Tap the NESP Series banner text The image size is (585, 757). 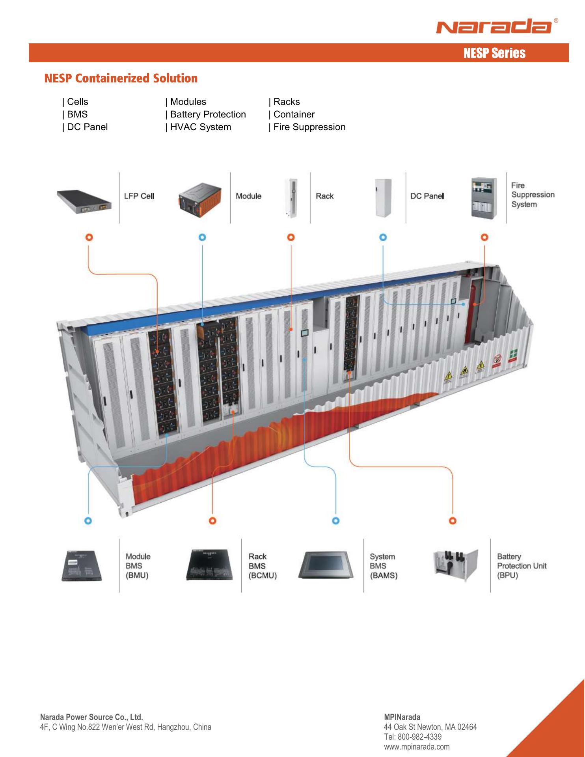[494, 53]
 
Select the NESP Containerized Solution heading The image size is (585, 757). [121, 78]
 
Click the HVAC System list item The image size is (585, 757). [199, 127]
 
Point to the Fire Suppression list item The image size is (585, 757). [307, 127]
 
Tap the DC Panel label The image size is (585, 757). [427, 196]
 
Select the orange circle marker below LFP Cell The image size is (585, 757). [89, 237]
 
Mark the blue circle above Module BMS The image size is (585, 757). [89, 521]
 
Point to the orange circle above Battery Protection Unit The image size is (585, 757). [453, 521]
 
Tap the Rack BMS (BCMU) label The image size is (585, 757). [262, 566]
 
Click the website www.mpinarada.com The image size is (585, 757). [416, 747]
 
